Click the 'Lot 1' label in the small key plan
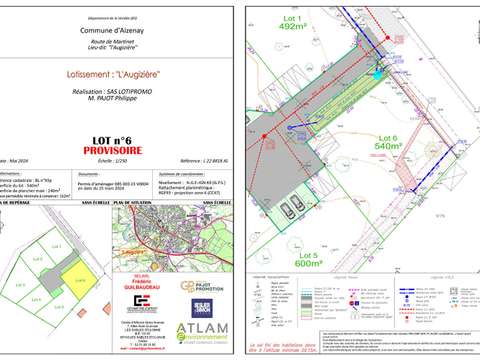click(57, 245)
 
